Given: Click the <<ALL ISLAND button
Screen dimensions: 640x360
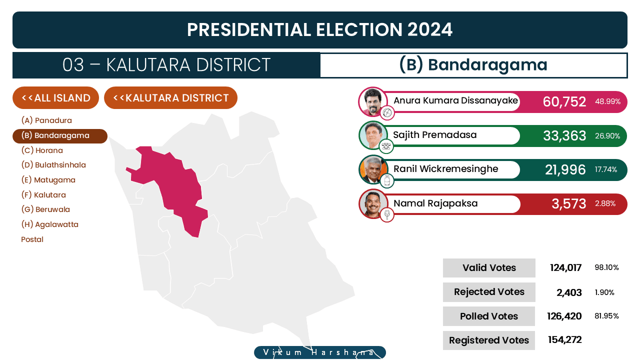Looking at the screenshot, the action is pos(55,97).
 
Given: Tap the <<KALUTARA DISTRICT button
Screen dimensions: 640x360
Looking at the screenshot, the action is pos(170,97).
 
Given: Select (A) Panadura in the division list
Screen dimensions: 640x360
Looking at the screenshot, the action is pos(46,120).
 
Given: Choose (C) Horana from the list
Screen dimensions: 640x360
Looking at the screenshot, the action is pos(42,150).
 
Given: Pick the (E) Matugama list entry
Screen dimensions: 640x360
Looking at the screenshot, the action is pos(48,180).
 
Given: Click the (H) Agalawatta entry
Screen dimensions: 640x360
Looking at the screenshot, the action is pos(49,224).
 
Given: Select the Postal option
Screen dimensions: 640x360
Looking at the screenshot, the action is pos(32,239).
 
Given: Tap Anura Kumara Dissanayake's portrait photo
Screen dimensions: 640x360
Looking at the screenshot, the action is pos(373,101).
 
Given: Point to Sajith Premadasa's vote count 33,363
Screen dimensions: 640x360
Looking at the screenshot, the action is pos(564,135).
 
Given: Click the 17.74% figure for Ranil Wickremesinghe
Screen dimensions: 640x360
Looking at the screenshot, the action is pos(605,169).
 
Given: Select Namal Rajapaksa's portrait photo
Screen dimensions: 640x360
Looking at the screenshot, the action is pos(373,204).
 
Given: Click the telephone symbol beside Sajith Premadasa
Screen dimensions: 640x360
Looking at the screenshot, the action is pos(386,146).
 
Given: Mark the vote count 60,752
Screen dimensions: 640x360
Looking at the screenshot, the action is pos(564,101).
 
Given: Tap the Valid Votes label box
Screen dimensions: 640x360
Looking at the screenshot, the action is pos(489,267).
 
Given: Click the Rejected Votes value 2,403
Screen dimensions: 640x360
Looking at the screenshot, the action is pos(569,292).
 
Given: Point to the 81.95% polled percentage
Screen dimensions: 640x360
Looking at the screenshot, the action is pos(606,316).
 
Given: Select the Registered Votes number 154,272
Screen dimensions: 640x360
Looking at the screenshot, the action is pos(565,339).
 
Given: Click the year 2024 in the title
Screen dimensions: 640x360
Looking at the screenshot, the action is pos(429,29).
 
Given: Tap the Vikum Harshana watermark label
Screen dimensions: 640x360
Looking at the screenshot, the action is pos(320,352).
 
